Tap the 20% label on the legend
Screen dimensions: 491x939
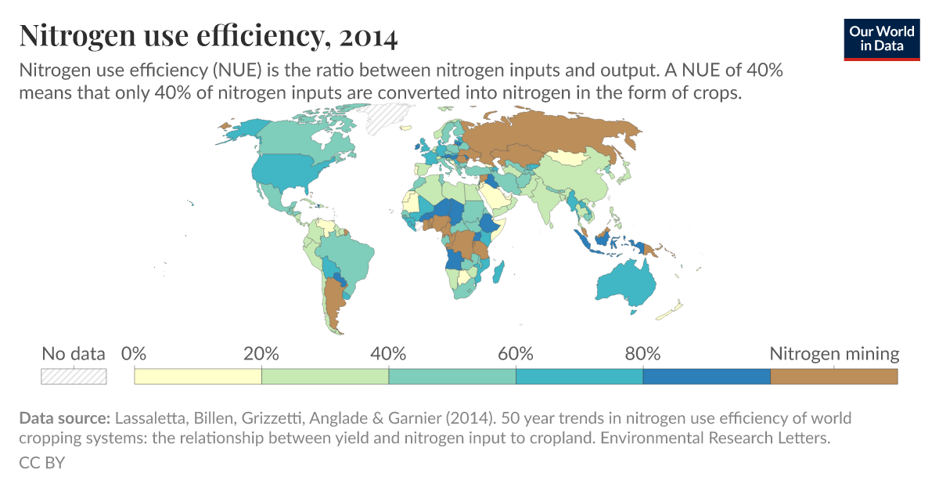(x=261, y=354)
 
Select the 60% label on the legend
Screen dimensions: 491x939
(x=516, y=354)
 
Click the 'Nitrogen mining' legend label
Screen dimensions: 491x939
(x=834, y=354)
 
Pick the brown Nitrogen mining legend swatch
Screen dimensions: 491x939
(x=833, y=376)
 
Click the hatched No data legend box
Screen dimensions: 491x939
(x=74, y=376)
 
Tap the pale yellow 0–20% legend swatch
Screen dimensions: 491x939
(x=197, y=376)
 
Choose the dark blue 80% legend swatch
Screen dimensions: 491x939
(x=706, y=376)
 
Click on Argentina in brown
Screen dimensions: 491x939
(x=335, y=305)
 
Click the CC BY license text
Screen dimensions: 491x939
(x=41, y=463)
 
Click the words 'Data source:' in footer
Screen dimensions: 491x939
(x=65, y=417)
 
